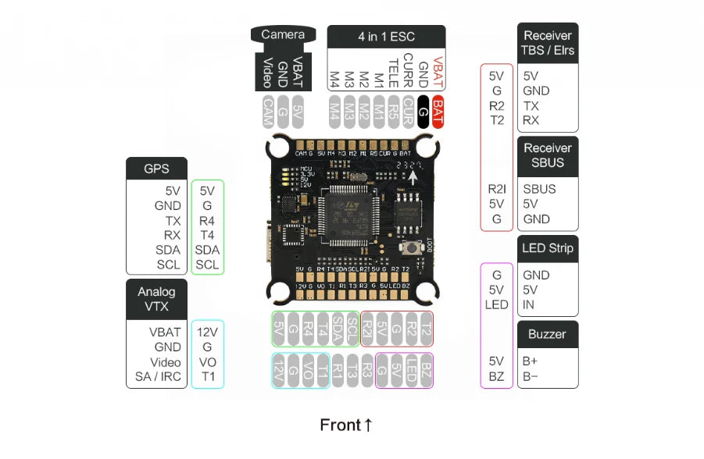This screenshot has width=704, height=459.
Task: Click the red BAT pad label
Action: [x=438, y=109]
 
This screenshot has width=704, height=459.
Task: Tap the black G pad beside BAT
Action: [x=423, y=109]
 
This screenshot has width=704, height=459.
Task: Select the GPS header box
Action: [x=156, y=168]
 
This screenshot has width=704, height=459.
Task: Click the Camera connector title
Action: [x=283, y=35]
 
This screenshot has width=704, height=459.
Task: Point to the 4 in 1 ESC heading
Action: [x=386, y=37]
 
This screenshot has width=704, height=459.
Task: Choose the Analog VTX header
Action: [x=156, y=299]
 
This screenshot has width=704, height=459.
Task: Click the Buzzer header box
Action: [x=547, y=334]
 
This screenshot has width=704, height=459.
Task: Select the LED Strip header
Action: [x=547, y=248]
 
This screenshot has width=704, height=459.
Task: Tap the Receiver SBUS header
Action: [x=547, y=155]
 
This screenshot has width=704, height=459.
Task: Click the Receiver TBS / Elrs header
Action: [x=547, y=43]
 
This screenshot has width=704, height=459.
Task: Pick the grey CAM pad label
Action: [x=267, y=109]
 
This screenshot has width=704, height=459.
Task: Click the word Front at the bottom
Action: [x=340, y=425]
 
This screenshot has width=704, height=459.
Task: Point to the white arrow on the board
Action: [x=413, y=177]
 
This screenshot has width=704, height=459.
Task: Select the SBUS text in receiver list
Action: [x=540, y=190]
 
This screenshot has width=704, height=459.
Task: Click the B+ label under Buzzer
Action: [x=531, y=361]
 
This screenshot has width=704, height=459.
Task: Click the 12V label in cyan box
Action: [x=207, y=332]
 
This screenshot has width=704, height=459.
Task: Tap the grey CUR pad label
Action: [x=408, y=109]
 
